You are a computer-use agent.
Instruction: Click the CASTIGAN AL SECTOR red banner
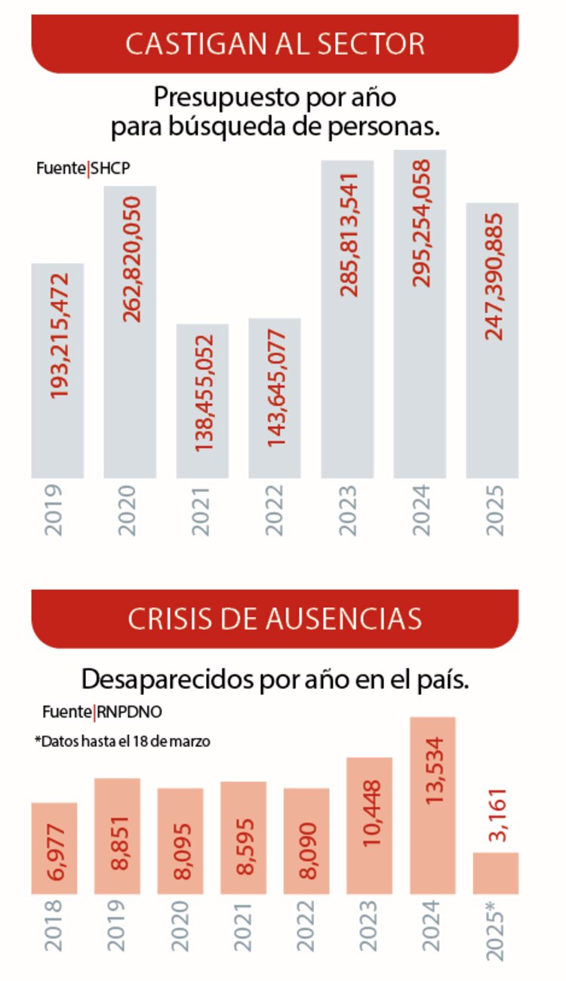(x=275, y=43)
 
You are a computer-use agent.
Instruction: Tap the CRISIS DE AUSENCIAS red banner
(x=275, y=619)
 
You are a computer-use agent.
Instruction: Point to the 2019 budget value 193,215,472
(x=58, y=336)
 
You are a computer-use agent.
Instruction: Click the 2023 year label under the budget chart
(x=348, y=510)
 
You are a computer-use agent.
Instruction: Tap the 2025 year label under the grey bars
(x=494, y=510)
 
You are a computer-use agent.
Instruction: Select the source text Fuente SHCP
(x=82, y=169)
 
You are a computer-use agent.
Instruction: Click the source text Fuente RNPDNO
(x=102, y=711)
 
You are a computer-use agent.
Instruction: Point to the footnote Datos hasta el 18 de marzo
(x=122, y=742)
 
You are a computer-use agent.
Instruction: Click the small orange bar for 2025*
(x=496, y=873)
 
